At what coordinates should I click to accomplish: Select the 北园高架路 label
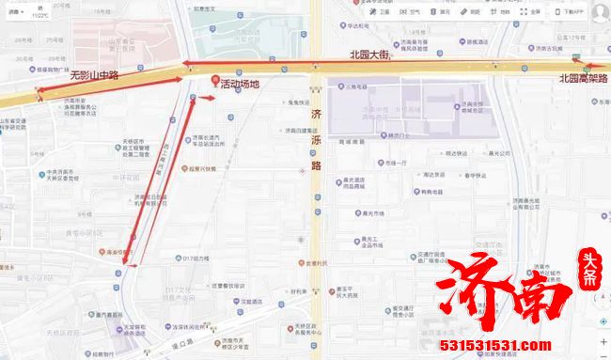pos(583,79)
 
